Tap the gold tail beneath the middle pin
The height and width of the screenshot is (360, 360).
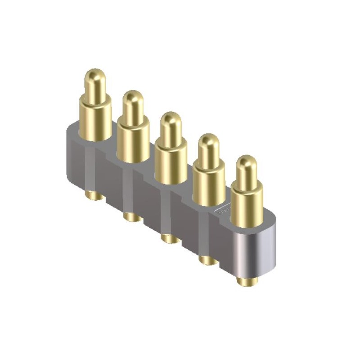point(170,238)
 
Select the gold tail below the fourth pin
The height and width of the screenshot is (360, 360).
point(207,260)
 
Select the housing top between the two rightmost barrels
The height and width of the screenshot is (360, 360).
point(227,208)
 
